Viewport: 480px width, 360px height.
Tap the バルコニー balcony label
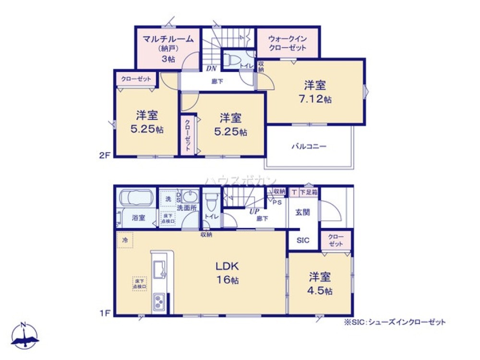(x=309, y=146)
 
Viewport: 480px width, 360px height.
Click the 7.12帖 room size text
(x=315, y=99)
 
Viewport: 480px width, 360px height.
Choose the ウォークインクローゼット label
(x=287, y=43)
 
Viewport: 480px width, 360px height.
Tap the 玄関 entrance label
(x=302, y=212)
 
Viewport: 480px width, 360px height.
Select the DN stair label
(x=211, y=69)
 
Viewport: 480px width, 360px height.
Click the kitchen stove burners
(x=159, y=302)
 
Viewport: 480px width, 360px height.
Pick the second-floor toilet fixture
(x=234, y=60)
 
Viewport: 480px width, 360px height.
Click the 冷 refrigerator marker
(x=125, y=240)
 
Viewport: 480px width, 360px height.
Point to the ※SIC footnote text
(x=394, y=322)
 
